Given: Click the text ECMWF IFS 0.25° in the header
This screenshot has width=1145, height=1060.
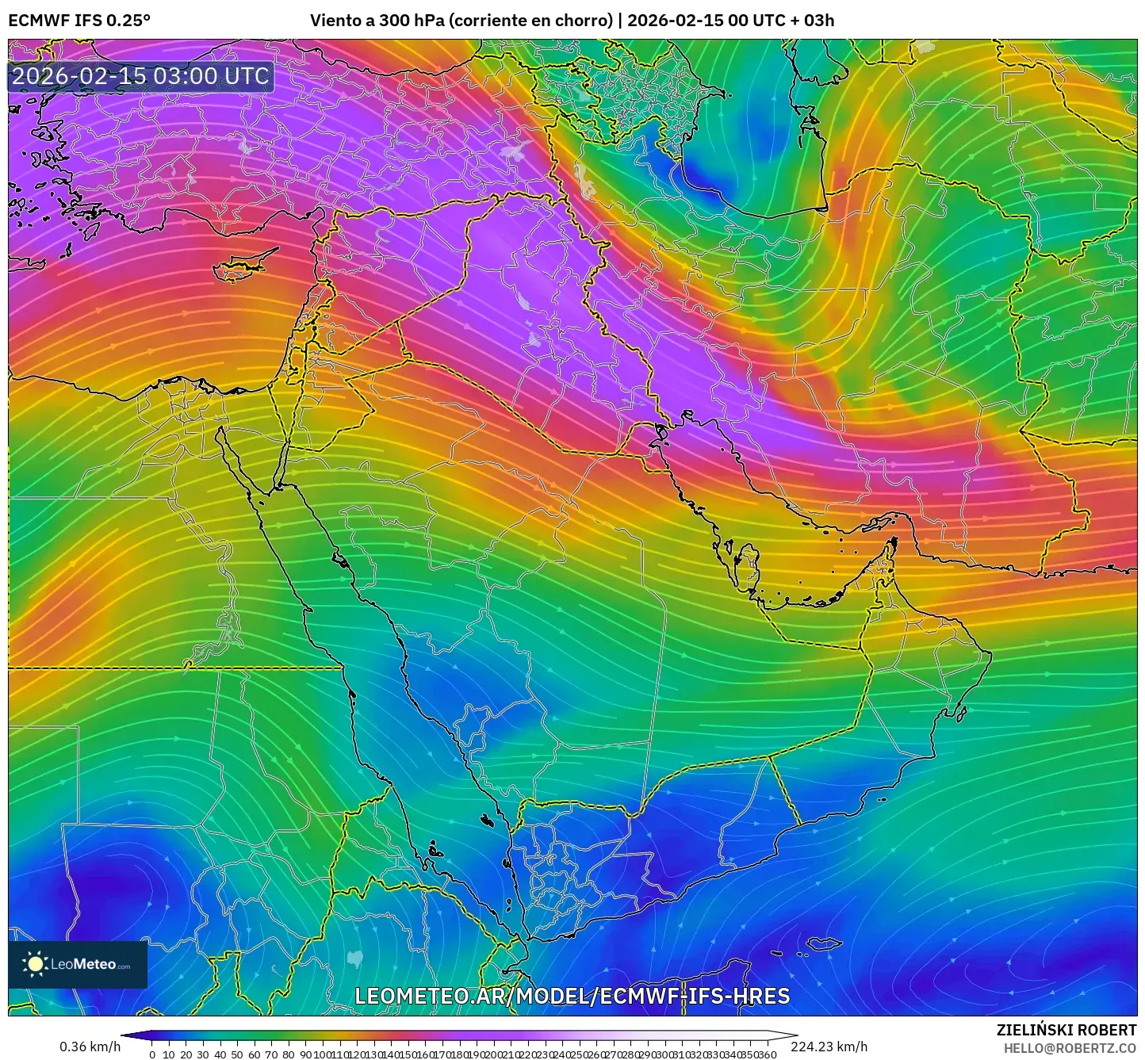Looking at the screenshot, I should coord(79,21).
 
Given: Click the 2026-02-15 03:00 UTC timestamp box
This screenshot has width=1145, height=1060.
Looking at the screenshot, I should coord(141,76).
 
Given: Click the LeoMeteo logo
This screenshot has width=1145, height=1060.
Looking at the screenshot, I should coord(78,964).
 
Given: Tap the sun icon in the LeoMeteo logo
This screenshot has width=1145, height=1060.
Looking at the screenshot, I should coord(36,964).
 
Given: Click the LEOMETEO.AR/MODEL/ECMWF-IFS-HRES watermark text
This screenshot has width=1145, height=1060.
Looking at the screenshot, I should coord(572,996).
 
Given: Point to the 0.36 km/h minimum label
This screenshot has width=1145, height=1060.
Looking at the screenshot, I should coord(90,1047).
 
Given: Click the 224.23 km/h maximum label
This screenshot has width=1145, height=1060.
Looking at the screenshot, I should coord(829,1047).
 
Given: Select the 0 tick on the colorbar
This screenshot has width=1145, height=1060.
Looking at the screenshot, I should coord(152,1054).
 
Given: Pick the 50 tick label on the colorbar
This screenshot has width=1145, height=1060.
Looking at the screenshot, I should coord(237,1054).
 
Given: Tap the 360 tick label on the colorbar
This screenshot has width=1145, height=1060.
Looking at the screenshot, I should coord(768,1054).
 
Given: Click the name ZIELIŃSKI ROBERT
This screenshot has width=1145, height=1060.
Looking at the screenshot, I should coord(1066,1030).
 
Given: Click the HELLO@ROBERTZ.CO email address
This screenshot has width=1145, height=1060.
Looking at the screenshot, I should coord(1070,1048).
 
